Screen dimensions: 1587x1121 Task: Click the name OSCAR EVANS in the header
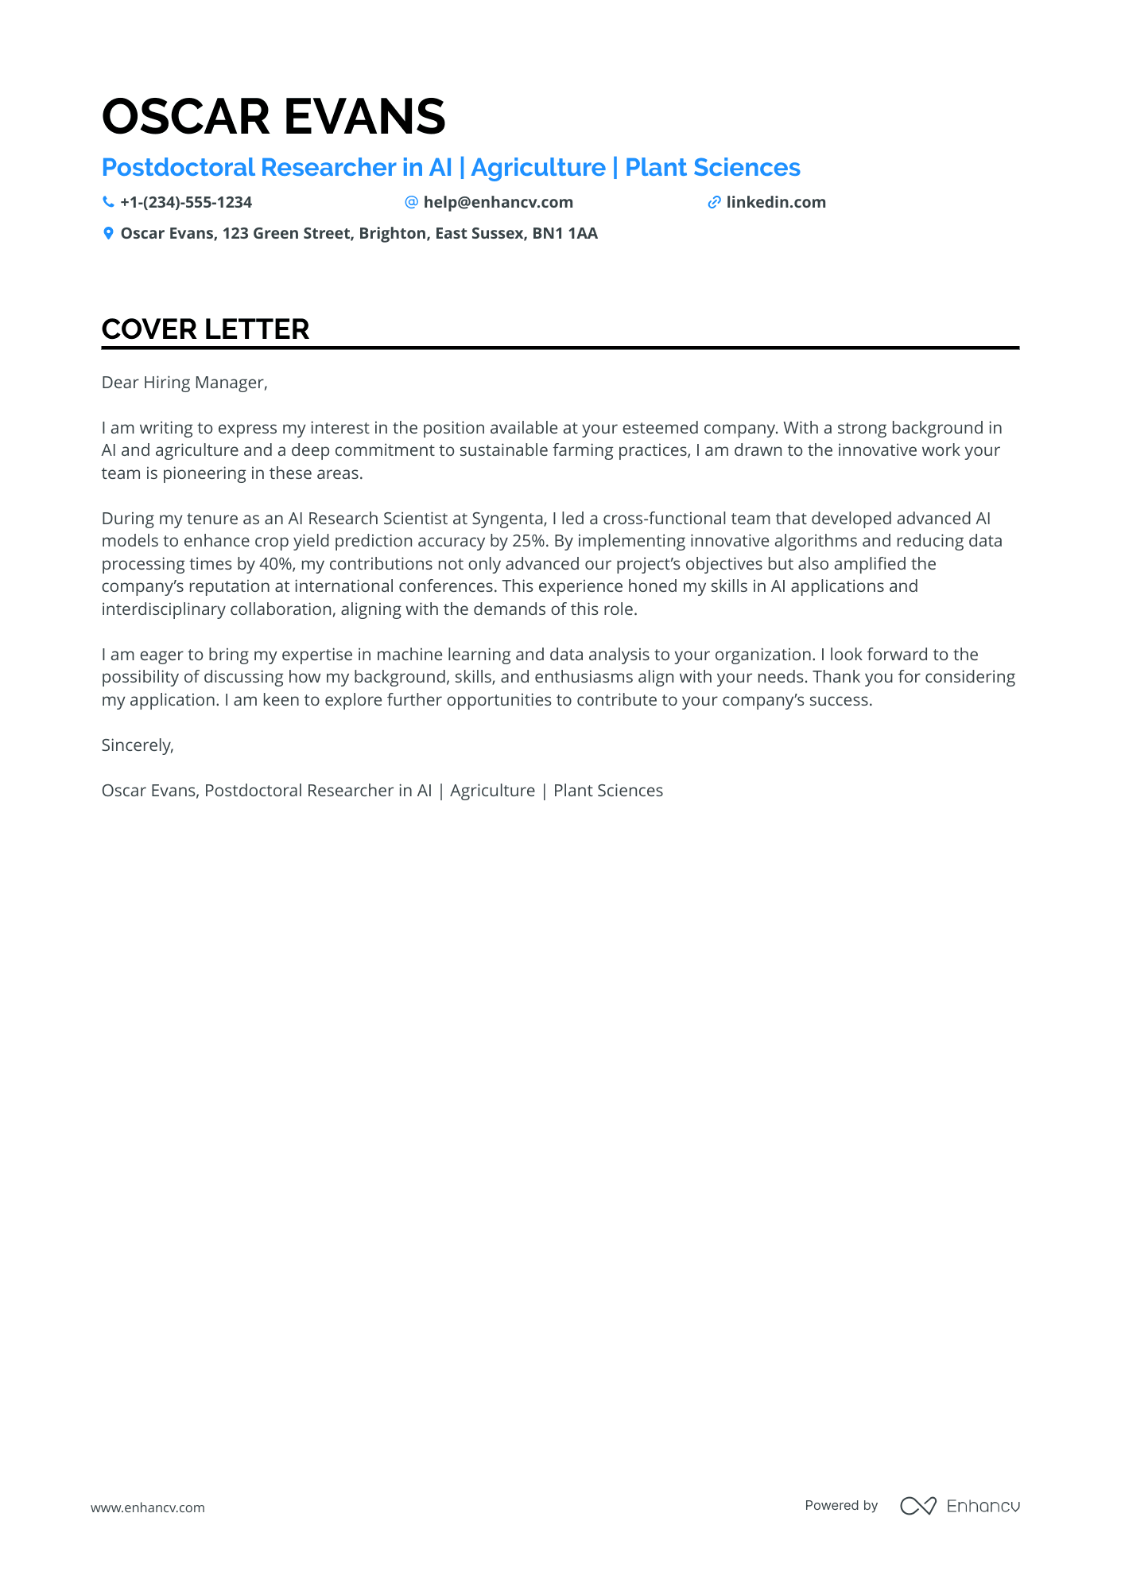click(273, 117)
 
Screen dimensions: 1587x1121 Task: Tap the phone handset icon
click(108, 202)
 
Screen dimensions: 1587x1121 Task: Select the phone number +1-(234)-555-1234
click(186, 202)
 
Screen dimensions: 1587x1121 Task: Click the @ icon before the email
click(411, 202)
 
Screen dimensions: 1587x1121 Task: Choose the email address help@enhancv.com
click(498, 202)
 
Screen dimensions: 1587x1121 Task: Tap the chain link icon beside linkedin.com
click(714, 202)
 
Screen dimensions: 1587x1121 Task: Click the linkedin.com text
click(775, 202)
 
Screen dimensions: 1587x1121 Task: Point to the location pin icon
click(108, 233)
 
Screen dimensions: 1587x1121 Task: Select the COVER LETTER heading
click(205, 329)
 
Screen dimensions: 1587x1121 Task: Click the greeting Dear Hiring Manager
click(184, 383)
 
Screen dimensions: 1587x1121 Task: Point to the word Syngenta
click(507, 519)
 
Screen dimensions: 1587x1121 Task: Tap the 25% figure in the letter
click(528, 541)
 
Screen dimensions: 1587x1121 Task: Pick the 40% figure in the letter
click(276, 564)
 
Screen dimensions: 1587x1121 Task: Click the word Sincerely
click(137, 745)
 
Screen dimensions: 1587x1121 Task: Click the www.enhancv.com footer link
click(147, 1507)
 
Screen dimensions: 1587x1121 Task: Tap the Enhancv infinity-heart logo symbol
click(917, 1506)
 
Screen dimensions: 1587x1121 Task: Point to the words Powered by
click(841, 1505)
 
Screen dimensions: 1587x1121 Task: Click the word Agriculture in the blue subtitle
click(538, 168)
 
